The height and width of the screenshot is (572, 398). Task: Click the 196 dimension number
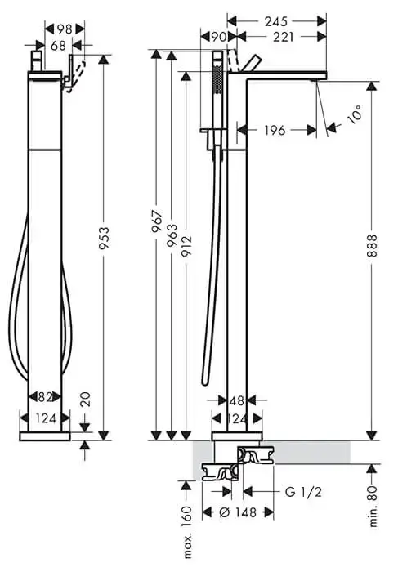[275, 130]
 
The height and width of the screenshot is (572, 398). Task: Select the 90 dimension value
[218, 37]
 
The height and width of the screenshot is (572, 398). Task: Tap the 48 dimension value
[236, 402]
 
